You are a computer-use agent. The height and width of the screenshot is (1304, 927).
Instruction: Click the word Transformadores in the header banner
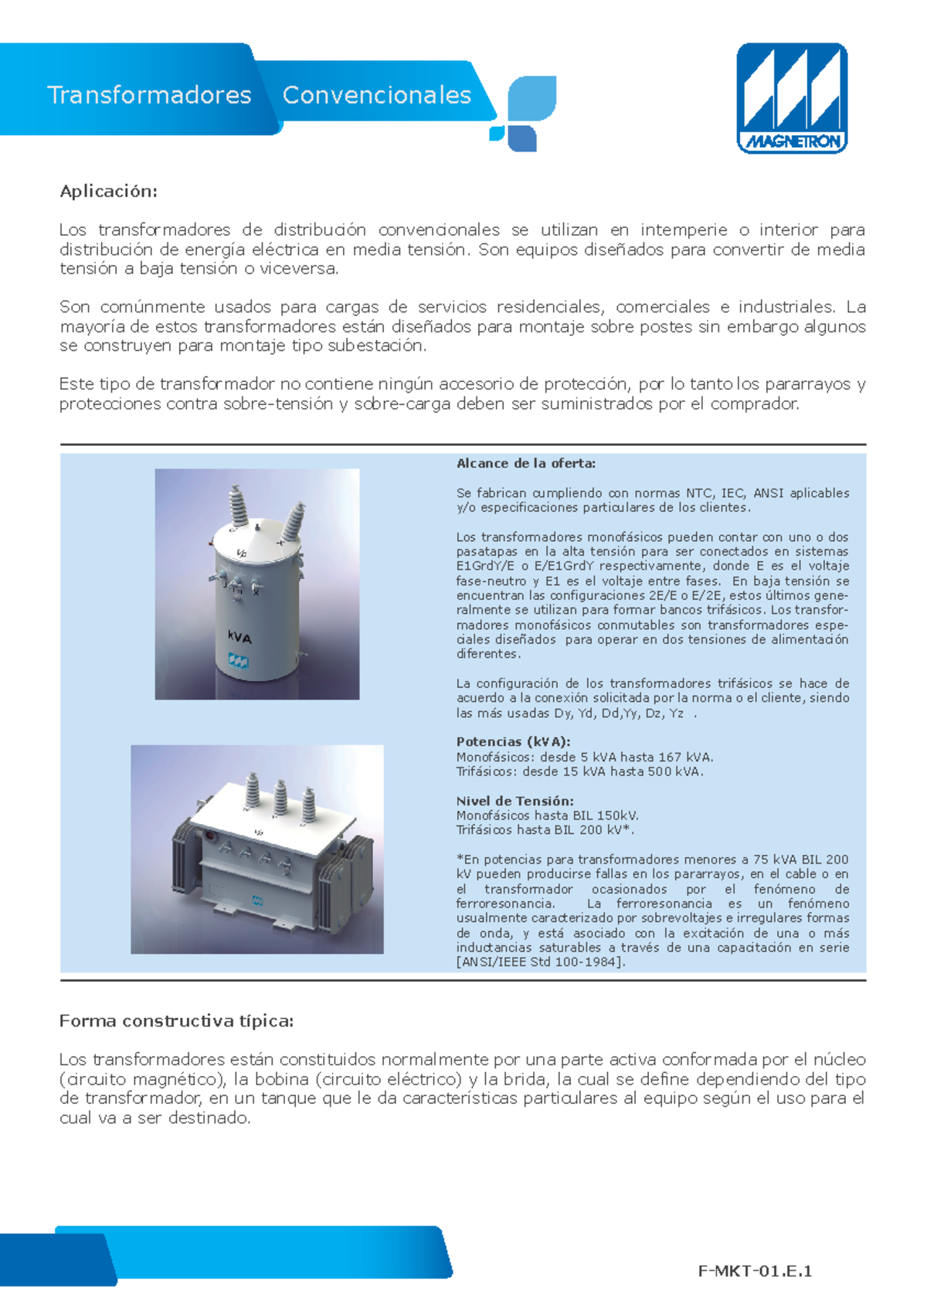(149, 95)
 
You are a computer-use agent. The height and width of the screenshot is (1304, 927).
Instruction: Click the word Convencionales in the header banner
(376, 95)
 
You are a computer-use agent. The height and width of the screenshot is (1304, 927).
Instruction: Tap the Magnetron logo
(792, 98)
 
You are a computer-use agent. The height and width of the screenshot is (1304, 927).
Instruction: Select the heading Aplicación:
(108, 192)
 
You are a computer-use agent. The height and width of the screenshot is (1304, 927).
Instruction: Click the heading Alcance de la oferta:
(525, 464)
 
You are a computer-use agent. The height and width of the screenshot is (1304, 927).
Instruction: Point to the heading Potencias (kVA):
(513, 742)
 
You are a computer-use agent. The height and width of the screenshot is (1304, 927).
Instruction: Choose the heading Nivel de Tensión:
(514, 802)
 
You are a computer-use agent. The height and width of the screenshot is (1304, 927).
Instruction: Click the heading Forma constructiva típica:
(176, 1021)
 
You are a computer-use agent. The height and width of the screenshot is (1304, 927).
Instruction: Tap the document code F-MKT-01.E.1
(755, 1272)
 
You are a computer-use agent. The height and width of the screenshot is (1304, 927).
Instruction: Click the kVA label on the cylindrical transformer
(239, 638)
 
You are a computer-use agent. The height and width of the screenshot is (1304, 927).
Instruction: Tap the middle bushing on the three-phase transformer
(280, 798)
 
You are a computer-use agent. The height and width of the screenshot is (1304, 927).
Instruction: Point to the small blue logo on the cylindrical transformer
(238, 660)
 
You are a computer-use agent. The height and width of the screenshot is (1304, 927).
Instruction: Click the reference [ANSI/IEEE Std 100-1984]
(541, 962)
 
